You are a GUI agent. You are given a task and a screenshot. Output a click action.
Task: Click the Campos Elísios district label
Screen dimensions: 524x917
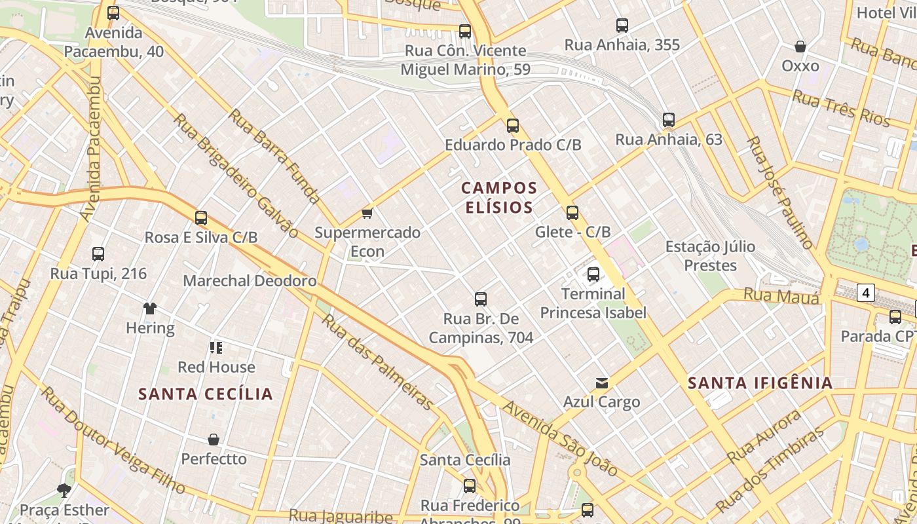point(499,198)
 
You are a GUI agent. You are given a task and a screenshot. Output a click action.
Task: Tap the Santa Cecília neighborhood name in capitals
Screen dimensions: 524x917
point(205,394)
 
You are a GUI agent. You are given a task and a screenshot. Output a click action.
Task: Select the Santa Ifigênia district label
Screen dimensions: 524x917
point(760,383)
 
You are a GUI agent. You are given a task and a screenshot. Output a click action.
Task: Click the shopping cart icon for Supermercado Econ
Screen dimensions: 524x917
point(367,213)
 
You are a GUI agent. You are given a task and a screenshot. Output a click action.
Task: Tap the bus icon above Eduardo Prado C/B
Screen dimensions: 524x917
point(513,125)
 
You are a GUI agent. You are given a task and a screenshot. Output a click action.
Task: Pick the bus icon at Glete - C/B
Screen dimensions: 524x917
point(572,212)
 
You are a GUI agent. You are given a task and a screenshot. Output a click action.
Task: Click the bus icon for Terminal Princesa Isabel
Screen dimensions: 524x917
point(593,274)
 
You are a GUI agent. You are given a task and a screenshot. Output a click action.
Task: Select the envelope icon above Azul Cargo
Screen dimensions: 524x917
point(601,383)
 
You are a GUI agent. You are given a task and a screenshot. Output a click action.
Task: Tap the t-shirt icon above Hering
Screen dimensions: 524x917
point(150,309)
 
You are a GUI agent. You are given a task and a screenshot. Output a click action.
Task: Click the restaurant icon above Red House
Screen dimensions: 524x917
point(216,347)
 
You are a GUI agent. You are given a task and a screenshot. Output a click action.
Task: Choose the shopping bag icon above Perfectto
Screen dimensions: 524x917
point(214,440)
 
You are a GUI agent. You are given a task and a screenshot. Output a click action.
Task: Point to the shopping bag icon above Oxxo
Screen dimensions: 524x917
point(800,47)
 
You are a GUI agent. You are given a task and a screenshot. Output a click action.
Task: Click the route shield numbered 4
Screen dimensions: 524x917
point(866,293)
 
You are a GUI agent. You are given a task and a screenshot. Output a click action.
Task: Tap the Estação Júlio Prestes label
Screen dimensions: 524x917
point(710,256)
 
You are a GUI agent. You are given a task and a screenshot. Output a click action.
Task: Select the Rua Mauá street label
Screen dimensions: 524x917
point(781,297)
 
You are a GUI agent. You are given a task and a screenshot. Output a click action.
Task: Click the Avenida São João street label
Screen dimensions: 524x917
point(560,438)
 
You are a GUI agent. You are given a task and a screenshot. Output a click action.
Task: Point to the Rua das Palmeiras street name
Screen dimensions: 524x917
point(378,362)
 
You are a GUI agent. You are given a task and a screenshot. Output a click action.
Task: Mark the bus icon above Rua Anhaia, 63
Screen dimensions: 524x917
point(668,120)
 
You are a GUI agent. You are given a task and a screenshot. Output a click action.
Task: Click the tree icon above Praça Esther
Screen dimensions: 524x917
point(64,490)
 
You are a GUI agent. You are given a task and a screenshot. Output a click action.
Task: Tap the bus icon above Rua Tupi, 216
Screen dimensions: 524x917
point(98,254)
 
